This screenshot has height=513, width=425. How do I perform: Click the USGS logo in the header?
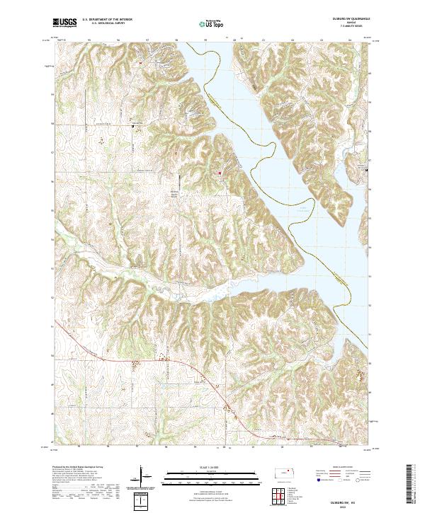coord(64,23)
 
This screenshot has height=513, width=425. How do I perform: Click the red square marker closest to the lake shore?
coord(220,172)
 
